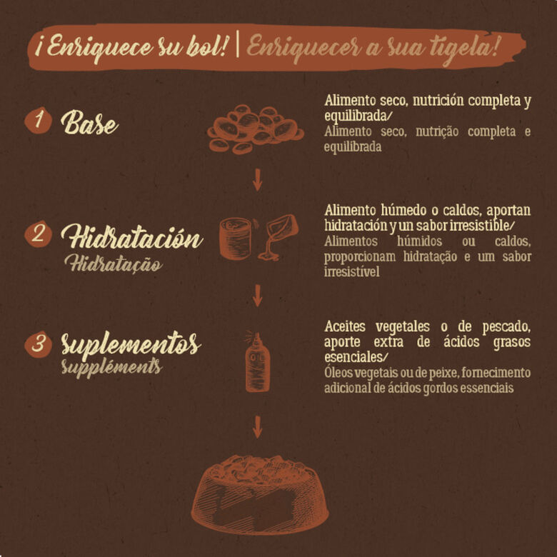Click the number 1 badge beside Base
(x=38, y=121)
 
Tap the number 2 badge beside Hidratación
(x=38, y=234)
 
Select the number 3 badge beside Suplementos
(x=38, y=344)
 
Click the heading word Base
(x=89, y=123)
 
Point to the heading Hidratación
(x=132, y=237)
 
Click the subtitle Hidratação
(x=114, y=264)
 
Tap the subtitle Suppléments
(x=111, y=367)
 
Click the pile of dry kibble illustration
(x=256, y=129)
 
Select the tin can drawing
(x=235, y=239)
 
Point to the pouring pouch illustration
(x=278, y=236)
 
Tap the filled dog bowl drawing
(x=260, y=494)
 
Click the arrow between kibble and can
(x=257, y=180)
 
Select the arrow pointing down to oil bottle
(x=257, y=296)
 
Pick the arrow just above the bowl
(x=257, y=427)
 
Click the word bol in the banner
(x=206, y=46)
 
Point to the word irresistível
(x=351, y=272)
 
